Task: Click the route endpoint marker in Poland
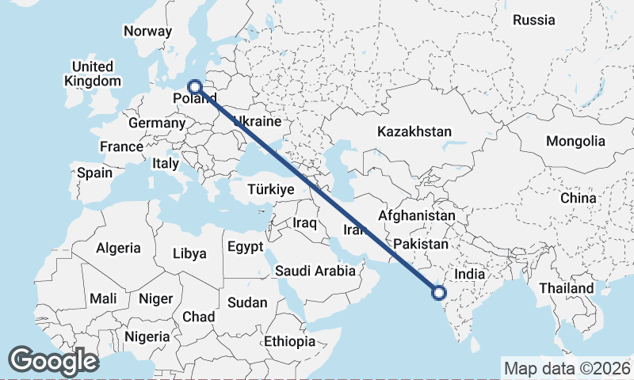pyautogui.click(x=195, y=86)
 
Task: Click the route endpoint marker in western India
pyautogui.click(x=440, y=294)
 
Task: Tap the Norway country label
pyautogui.click(x=147, y=32)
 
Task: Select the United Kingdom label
pyautogui.click(x=93, y=74)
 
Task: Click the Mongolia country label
pyautogui.click(x=575, y=141)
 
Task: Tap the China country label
pyautogui.click(x=578, y=198)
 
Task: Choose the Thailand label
pyautogui.click(x=567, y=288)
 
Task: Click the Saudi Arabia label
pyautogui.click(x=315, y=271)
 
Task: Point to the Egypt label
pyautogui.click(x=245, y=247)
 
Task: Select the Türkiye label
pyautogui.click(x=271, y=190)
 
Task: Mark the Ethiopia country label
pyautogui.click(x=290, y=342)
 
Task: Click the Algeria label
pyautogui.click(x=118, y=248)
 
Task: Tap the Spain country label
pyautogui.click(x=94, y=173)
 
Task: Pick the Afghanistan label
pyautogui.click(x=417, y=215)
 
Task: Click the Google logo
pyautogui.click(x=53, y=361)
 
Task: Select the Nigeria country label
pyautogui.click(x=147, y=336)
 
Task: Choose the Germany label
pyautogui.click(x=156, y=123)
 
